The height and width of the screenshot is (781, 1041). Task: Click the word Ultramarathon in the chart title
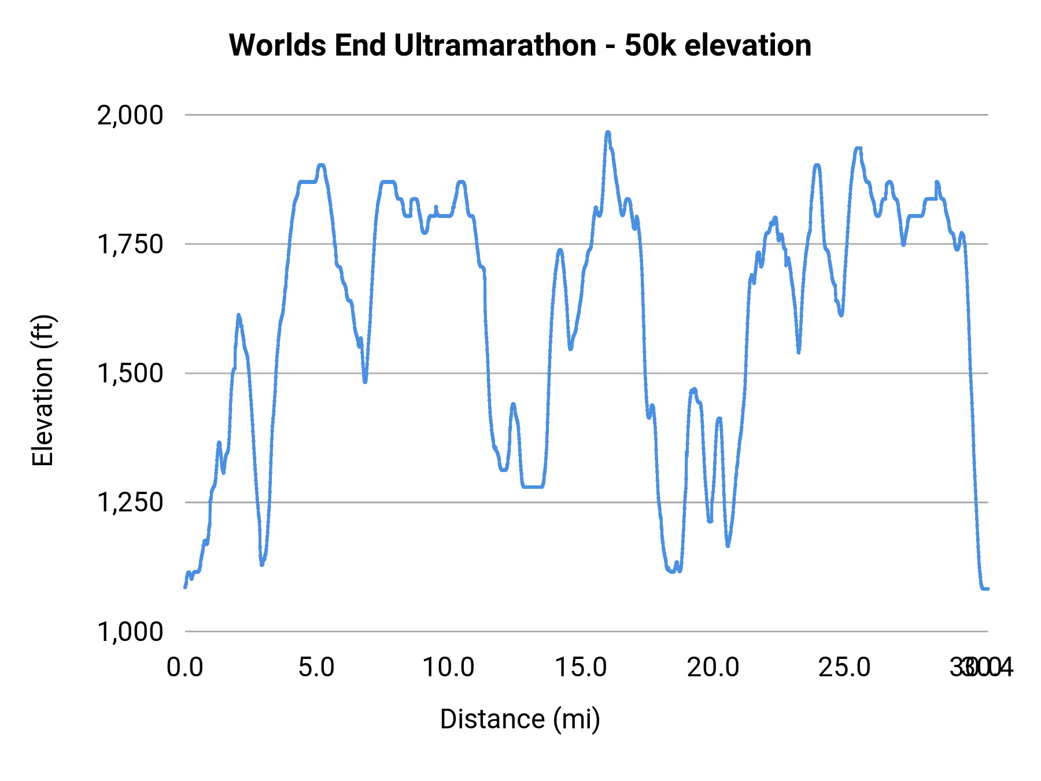point(494,45)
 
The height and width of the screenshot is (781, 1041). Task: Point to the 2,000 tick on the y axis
point(130,115)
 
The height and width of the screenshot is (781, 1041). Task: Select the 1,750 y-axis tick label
point(130,244)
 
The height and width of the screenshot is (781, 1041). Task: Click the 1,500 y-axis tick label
point(130,373)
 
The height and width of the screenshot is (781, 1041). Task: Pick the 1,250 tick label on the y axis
point(130,502)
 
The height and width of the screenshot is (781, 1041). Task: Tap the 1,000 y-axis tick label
point(130,631)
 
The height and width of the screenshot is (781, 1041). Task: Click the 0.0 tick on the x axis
point(185,668)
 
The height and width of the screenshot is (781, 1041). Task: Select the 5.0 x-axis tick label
point(316,668)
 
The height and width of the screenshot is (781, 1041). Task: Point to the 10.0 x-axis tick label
point(448,668)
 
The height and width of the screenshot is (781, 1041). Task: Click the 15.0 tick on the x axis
point(581,668)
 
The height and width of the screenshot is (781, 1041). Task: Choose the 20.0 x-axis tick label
point(713,668)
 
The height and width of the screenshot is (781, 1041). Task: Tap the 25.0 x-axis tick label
point(844,668)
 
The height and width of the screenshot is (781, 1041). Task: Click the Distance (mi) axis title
point(520,719)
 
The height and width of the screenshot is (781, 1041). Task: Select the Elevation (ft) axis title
point(43,390)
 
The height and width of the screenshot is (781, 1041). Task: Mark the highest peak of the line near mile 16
point(608,132)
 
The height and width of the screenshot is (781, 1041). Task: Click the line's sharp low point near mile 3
point(262,564)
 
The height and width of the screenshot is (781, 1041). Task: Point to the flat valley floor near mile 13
point(532,487)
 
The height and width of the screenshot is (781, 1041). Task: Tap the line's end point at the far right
point(987,588)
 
